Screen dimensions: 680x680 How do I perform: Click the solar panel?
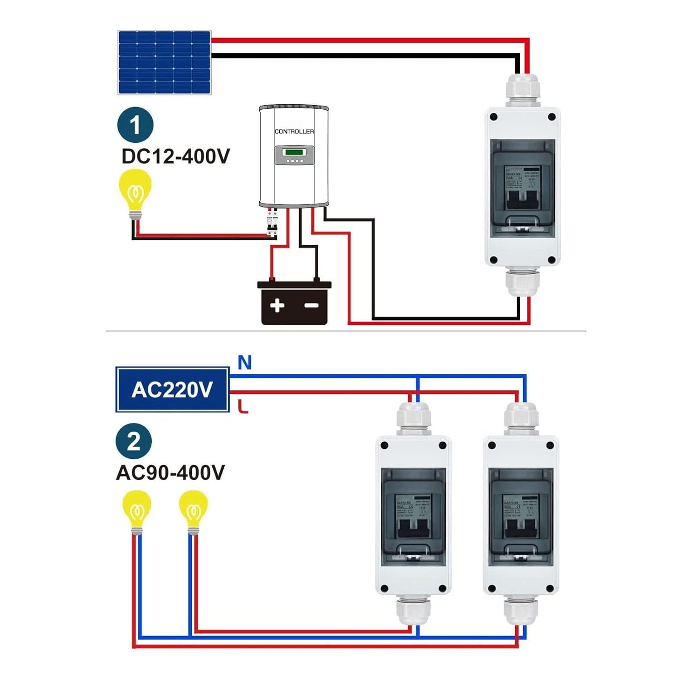(164, 63)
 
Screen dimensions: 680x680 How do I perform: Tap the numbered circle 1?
(135, 125)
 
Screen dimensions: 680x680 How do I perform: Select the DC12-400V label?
(176, 156)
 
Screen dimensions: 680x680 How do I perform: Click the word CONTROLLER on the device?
(294, 131)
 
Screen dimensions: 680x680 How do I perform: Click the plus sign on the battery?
(277, 305)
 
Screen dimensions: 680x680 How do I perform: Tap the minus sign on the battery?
(311, 305)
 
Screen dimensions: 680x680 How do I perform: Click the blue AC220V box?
(172, 389)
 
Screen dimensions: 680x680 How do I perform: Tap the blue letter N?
(244, 363)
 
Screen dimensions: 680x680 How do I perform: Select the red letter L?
(243, 406)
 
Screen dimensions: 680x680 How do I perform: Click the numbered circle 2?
(134, 441)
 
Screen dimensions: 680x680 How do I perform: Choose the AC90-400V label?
(170, 473)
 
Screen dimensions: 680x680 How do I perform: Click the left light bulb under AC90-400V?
(136, 511)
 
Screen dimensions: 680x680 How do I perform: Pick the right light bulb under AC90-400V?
(193, 511)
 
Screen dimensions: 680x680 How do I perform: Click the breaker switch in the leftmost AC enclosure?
(413, 528)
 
